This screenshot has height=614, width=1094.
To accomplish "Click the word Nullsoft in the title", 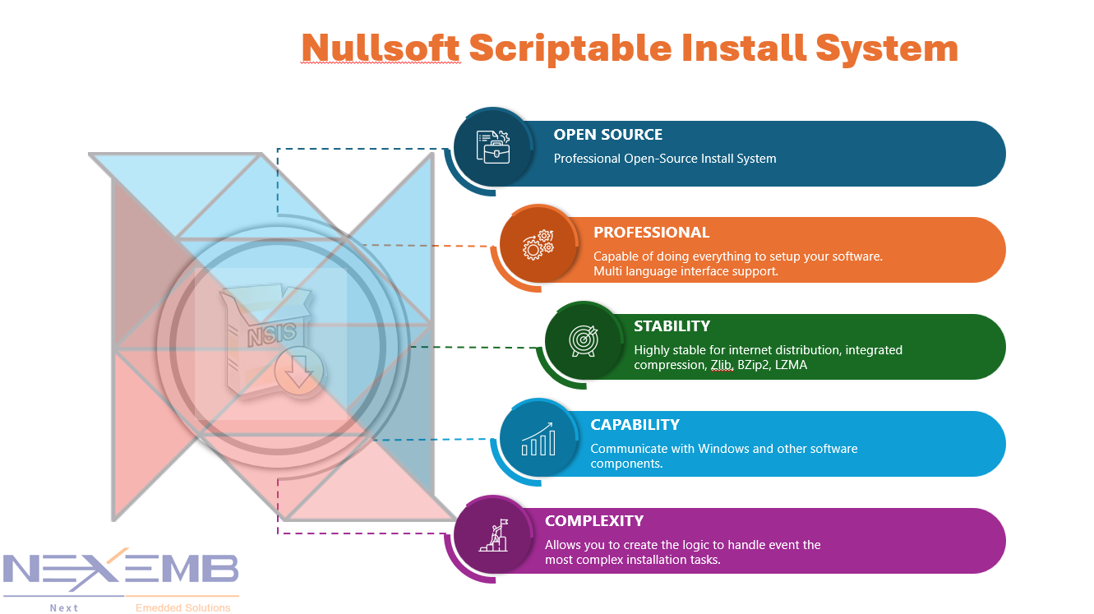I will point(380,48).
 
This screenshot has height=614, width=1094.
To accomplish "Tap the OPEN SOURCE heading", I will point(607,135).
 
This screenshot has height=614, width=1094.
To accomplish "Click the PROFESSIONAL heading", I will point(651,233).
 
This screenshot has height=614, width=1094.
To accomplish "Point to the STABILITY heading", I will point(672,326).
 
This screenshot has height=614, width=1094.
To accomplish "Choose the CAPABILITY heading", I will point(635,425).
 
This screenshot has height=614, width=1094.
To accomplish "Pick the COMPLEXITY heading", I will point(593,521).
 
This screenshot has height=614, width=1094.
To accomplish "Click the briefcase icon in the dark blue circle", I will point(493,147).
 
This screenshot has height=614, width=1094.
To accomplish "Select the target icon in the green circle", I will point(584,340).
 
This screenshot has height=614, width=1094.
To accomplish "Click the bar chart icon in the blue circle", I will point(538,440).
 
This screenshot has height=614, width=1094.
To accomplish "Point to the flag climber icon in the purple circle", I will point(494,536).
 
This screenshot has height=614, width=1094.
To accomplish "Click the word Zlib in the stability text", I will point(721,365).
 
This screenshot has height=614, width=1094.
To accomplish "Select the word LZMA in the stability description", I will point(790,365).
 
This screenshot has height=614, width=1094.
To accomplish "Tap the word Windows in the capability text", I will point(727,449).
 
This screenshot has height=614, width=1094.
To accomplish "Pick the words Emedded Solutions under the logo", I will point(182,608).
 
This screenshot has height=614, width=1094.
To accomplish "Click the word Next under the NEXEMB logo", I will point(63,608).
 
